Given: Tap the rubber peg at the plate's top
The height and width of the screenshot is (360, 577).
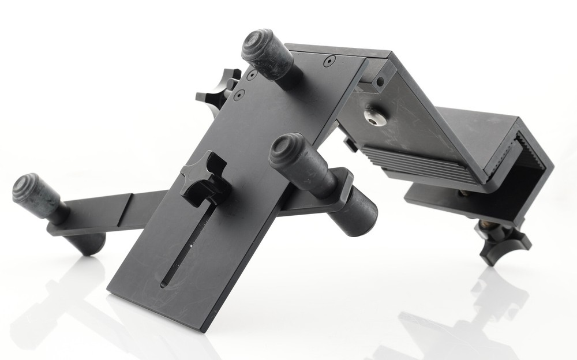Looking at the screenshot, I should [267, 54].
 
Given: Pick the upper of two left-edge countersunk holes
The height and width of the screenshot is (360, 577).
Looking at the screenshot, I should [251, 76].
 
